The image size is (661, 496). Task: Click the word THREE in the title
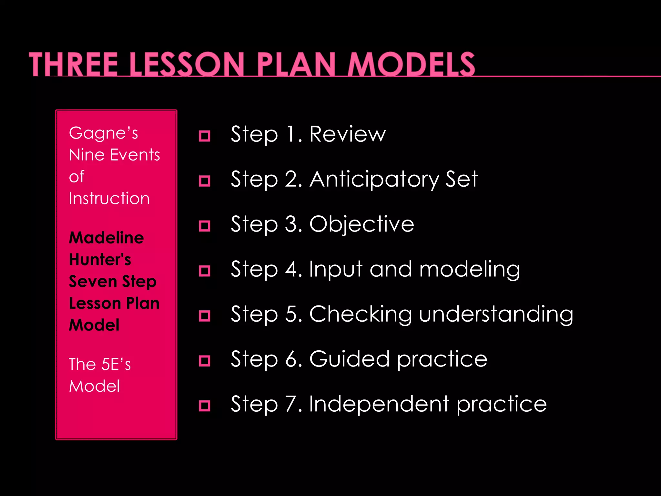74,65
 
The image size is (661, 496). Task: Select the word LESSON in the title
187,65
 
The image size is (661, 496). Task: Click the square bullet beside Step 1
204,136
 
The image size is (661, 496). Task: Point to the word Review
347,134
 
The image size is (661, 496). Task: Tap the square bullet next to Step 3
204,226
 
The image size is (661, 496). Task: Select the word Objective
361,224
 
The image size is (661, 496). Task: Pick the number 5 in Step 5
292,314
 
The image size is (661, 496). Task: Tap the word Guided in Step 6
349,359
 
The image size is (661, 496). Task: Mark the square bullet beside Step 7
204,405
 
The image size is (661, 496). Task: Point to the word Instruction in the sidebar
109,198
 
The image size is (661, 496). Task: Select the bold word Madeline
106,238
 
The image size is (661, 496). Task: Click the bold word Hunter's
100,260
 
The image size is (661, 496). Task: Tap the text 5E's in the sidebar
116,364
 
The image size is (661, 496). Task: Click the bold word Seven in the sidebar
92,281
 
